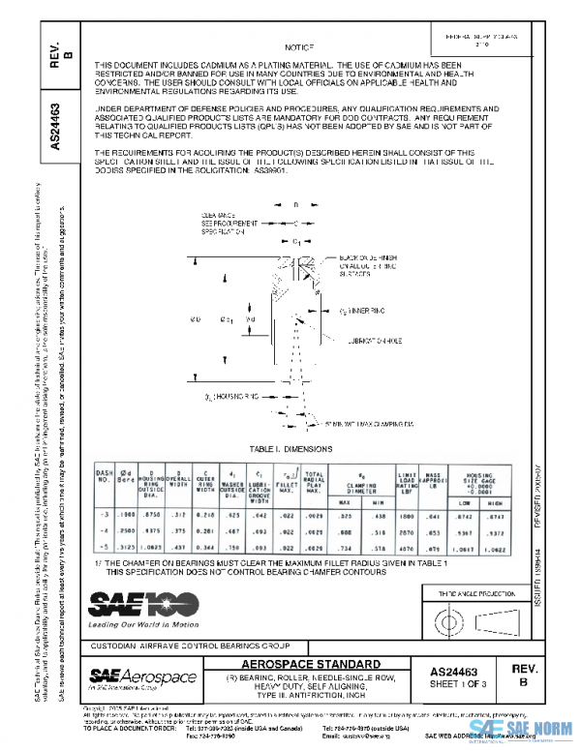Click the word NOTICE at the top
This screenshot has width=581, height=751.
click(x=300, y=46)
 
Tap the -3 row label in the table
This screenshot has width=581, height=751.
click(x=104, y=518)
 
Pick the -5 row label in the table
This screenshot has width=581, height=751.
click(x=104, y=547)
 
